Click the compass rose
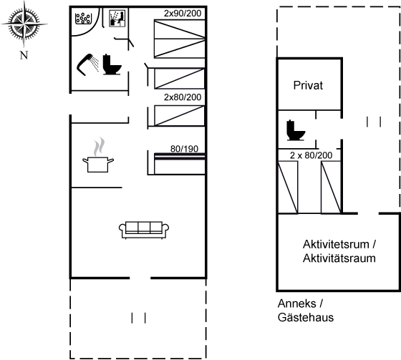pyautogui.click(x=24, y=24)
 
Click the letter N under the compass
pyautogui.click(x=24, y=55)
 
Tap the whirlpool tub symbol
pyautogui.click(x=83, y=19)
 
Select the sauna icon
pyautogui.click(x=117, y=19)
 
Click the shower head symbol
pyautogui.click(x=87, y=64)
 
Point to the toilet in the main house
pyautogui.click(x=112, y=64)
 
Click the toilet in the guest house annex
pyautogui.click(x=296, y=130)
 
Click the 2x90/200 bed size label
pyautogui.click(x=183, y=14)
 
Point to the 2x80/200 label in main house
pyautogui.click(x=183, y=97)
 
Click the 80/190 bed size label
pyautogui.click(x=185, y=149)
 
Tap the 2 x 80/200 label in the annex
pyautogui.click(x=311, y=155)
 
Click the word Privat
pyautogui.click(x=308, y=85)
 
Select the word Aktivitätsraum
pyautogui.click(x=339, y=258)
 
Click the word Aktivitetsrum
pyautogui.click(x=336, y=245)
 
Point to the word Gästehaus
pyautogui.click(x=306, y=317)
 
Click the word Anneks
pyautogui.click(x=297, y=303)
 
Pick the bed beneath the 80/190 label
pyautogui.click(x=180, y=164)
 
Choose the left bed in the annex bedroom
pyautogui.click(x=288, y=188)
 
